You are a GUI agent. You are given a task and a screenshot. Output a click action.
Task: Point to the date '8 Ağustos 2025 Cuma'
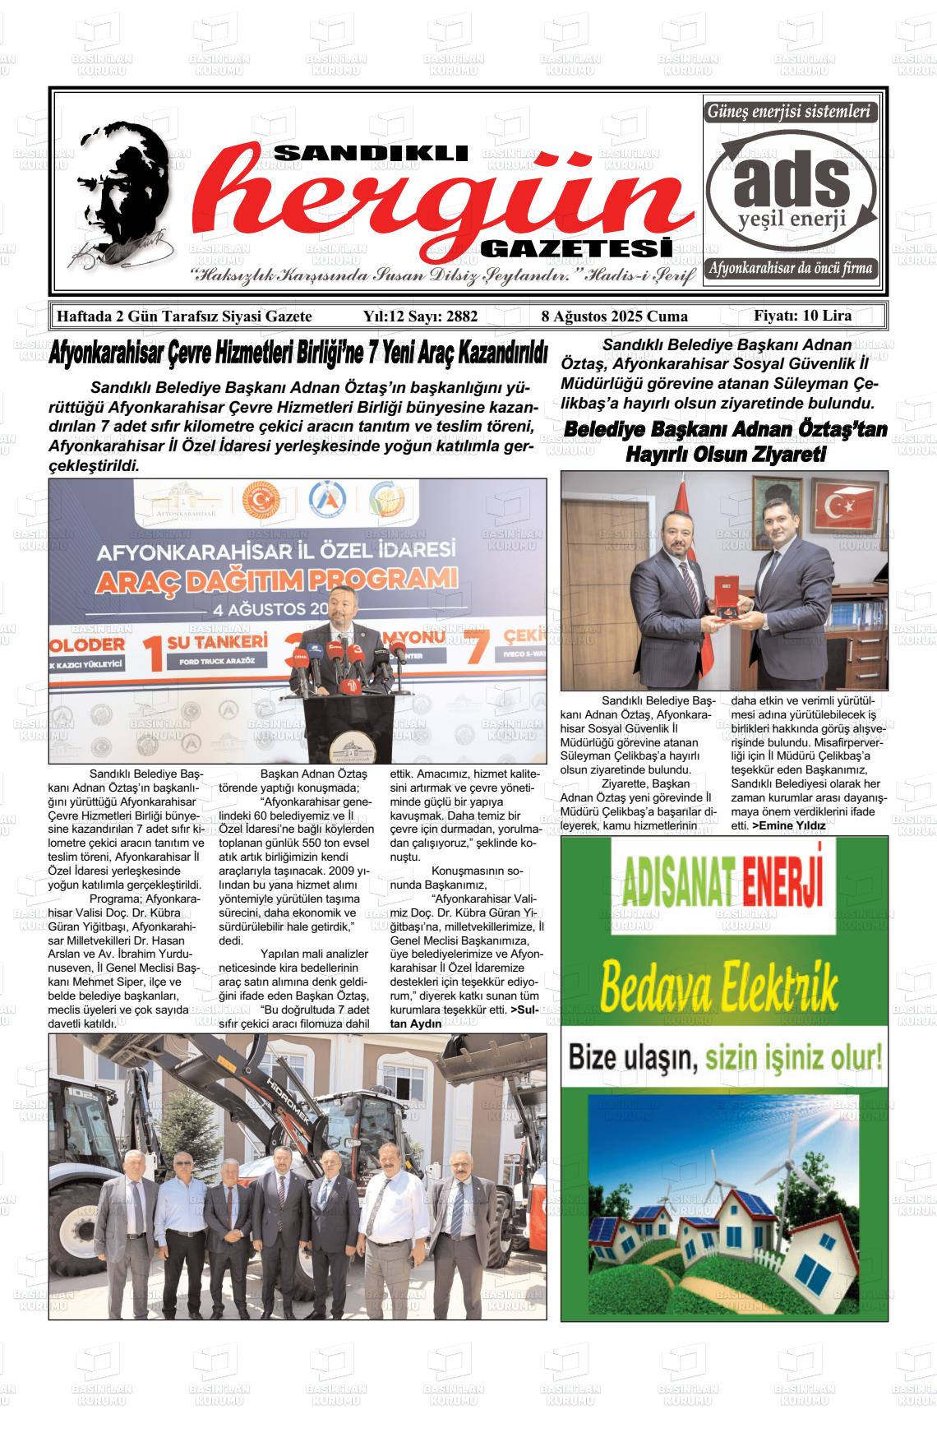(x=614, y=317)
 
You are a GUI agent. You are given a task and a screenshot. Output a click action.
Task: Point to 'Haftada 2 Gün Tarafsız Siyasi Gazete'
(x=182, y=317)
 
